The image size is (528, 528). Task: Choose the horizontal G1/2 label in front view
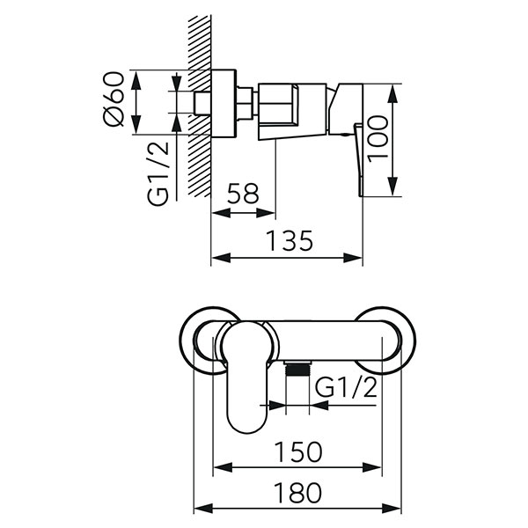pyautogui.click(x=346, y=388)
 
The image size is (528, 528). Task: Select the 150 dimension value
pyautogui.click(x=297, y=452)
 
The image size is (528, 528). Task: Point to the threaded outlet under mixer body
pyautogui.click(x=298, y=370)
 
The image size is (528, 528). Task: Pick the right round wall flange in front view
pyautogui.click(x=387, y=339)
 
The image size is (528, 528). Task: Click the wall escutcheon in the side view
pyautogui.click(x=227, y=103)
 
